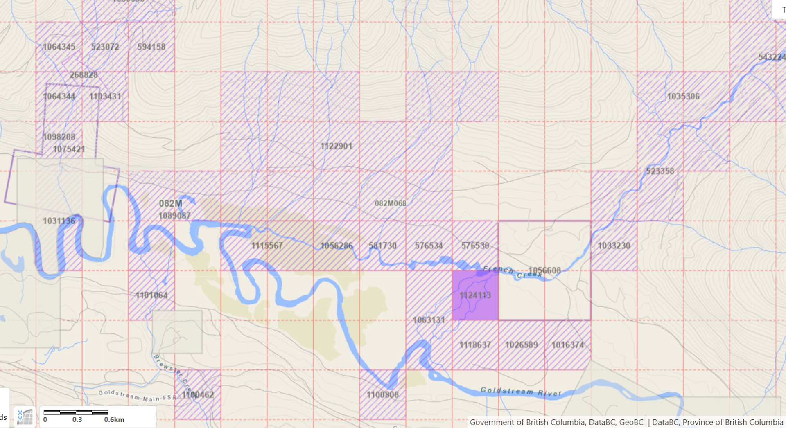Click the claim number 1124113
pos(475,295)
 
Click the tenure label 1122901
pos(336,146)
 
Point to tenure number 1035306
pos(683,97)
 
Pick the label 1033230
pos(614,246)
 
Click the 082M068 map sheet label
pos(391,203)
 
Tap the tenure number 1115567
pos(267,246)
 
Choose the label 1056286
pos(336,246)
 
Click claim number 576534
pos(429,246)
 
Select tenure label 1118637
pos(475,345)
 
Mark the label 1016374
pos(567,345)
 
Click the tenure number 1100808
pos(382,395)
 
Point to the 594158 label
pos(151,47)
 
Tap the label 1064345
pos(59,47)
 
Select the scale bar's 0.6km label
pos(114,420)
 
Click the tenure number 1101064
pos(151,295)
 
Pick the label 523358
pos(660,171)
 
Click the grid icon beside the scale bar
pos(25,417)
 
